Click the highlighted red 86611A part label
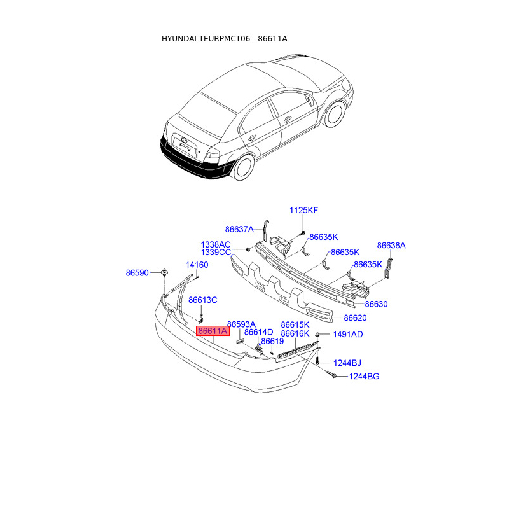pyautogui.click(x=213, y=331)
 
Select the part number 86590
pyautogui.click(x=137, y=272)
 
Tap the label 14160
pyautogui.click(x=197, y=265)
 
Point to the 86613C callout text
pyautogui.click(x=202, y=300)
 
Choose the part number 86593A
pyautogui.click(x=241, y=324)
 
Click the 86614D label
pyautogui.click(x=259, y=332)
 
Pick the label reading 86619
pyautogui.click(x=273, y=341)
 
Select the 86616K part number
pyautogui.click(x=295, y=333)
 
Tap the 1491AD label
pyautogui.click(x=347, y=334)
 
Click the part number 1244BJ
pyautogui.click(x=347, y=363)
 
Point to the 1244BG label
pyautogui.click(x=364, y=377)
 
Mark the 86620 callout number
pyautogui.click(x=356, y=317)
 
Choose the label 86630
pyautogui.click(x=376, y=304)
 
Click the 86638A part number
pyautogui.click(x=391, y=245)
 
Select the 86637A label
pyautogui.click(x=239, y=229)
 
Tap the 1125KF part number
pyautogui.click(x=303, y=210)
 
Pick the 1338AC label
pyautogui.click(x=216, y=244)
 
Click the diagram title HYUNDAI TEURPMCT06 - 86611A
pyautogui.click(x=224, y=39)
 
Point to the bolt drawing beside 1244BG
pyautogui.click(x=333, y=376)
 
